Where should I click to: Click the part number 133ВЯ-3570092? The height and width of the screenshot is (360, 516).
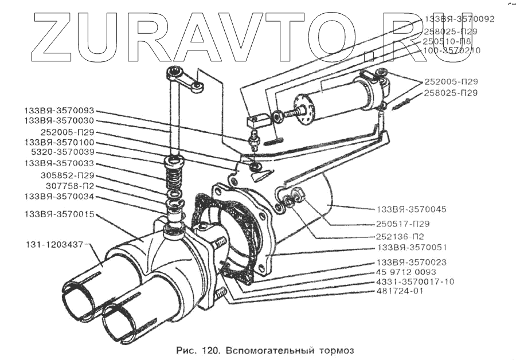pos(458,18)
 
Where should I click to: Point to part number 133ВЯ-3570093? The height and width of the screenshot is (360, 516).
pos(59,110)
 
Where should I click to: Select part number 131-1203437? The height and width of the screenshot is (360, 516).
pos(54,244)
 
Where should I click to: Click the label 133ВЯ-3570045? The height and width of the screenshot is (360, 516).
pos(412,209)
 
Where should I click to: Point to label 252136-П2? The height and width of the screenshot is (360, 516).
pos(402,236)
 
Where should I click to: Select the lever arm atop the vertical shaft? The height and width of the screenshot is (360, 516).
pos(183,77)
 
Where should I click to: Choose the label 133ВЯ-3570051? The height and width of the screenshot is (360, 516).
pos(412,248)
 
